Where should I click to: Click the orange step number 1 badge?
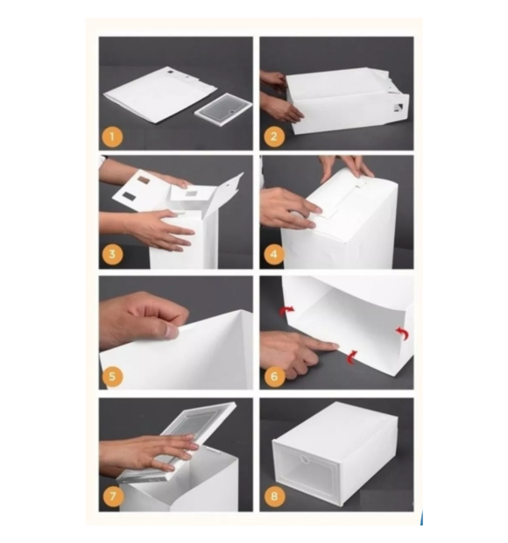point(112,137)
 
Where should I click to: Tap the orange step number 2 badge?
point(273,137)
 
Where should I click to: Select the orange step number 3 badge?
point(112,255)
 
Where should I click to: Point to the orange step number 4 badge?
point(273,255)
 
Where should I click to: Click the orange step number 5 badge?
point(112,377)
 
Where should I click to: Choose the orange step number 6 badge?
point(273,377)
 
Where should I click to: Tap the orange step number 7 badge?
point(113,497)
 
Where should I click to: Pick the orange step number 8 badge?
point(273,497)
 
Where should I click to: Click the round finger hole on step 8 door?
point(305,460)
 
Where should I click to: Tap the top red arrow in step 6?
point(287,310)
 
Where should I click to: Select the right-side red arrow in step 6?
point(402,334)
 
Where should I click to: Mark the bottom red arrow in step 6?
point(351,357)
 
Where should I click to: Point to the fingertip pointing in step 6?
point(335,346)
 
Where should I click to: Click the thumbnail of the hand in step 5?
point(171,332)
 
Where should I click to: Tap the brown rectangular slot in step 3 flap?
point(145,180)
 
